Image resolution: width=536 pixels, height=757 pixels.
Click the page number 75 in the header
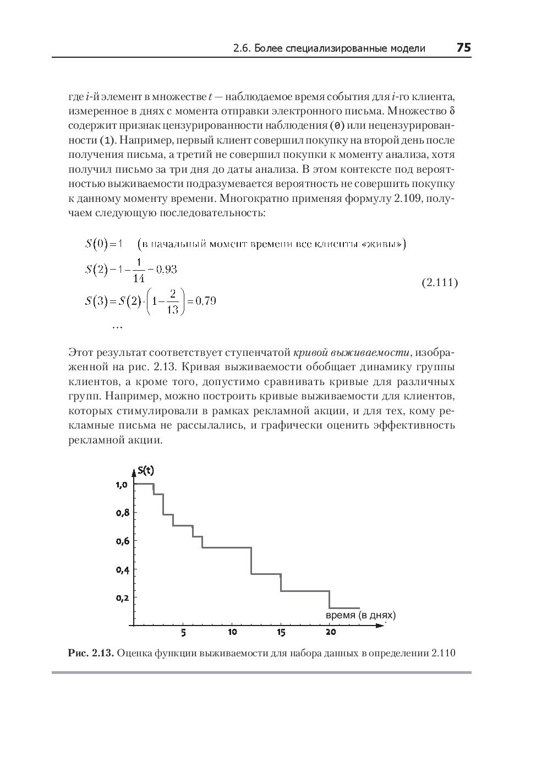coord(463,48)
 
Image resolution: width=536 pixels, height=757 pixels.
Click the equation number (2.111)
coord(439,283)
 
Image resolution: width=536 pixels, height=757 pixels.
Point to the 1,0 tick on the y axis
coord(122,485)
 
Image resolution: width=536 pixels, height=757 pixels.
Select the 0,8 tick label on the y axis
coord(122,513)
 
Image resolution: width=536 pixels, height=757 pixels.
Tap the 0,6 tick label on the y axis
coord(122,541)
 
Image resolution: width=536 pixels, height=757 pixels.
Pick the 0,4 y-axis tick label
coord(122,569)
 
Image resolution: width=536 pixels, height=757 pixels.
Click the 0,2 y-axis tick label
coord(122,597)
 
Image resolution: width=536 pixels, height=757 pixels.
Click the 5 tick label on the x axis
coord(183,633)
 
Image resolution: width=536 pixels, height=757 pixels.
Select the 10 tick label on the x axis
coord(232,633)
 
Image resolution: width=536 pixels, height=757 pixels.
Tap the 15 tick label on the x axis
coord(281,633)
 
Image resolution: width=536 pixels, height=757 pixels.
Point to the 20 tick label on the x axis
coord(330,633)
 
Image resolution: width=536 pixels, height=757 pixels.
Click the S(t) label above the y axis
coord(146,470)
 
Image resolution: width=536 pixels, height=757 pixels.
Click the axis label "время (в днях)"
coord(360,615)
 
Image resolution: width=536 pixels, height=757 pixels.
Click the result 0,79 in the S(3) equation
coord(206,301)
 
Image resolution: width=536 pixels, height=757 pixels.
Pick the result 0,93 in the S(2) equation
coord(166,270)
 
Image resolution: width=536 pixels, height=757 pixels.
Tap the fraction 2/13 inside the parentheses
coord(173,301)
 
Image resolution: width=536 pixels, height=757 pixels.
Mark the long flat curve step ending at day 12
coord(227,547)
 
